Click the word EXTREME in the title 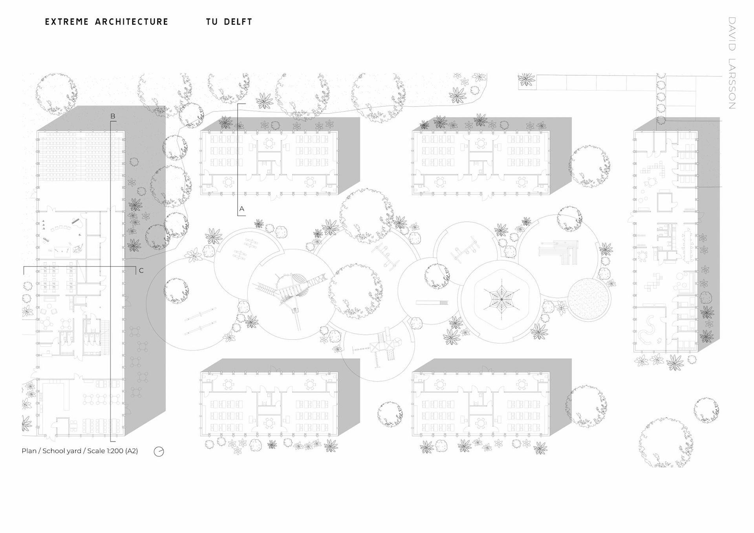[67, 22]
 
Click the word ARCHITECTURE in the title [132, 22]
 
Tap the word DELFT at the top [238, 22]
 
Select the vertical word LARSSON [732, 84]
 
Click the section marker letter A [242, 209]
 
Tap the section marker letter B [113, 116]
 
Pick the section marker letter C [141, 270]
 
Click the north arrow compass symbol [159, 451]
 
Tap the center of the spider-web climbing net [501, 299]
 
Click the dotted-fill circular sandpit [589, 299]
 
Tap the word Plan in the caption [29, 451]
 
